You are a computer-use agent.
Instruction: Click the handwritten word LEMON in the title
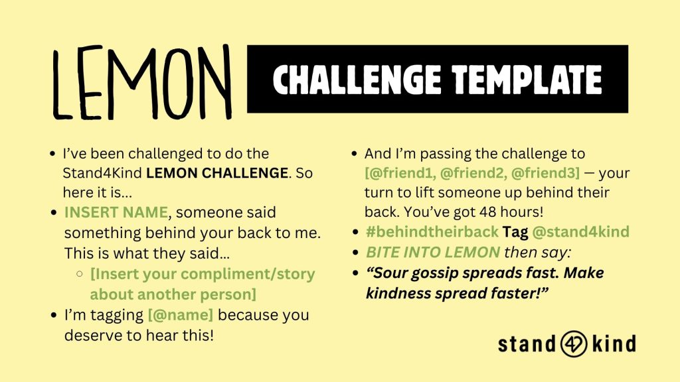[x=142, y=82]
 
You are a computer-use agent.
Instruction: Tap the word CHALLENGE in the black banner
[x=357, y=80]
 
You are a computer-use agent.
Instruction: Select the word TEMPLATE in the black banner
[x=527, y=80]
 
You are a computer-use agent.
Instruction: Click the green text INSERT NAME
[x=116, y=212]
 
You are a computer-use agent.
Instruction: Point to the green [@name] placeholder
[x=181, y=315]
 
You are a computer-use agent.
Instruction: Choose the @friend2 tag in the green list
[x=473, y=173]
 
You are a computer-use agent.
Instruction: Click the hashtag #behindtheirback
[x=432, y=231]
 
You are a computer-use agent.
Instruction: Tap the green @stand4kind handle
[x=580, y=231]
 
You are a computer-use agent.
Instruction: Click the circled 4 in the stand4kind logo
[x=574, y=344]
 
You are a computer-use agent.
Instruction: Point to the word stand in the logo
[x=527, y=344]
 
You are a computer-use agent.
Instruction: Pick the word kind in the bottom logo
[x=614, y=344]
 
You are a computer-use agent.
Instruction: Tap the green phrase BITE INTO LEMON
[x=433, y=252]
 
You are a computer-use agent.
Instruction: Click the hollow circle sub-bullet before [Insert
[x=80, y=274]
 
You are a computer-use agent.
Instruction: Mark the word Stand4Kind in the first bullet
[x=102, y=173]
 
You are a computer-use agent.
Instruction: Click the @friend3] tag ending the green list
[x=545, y=173]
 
